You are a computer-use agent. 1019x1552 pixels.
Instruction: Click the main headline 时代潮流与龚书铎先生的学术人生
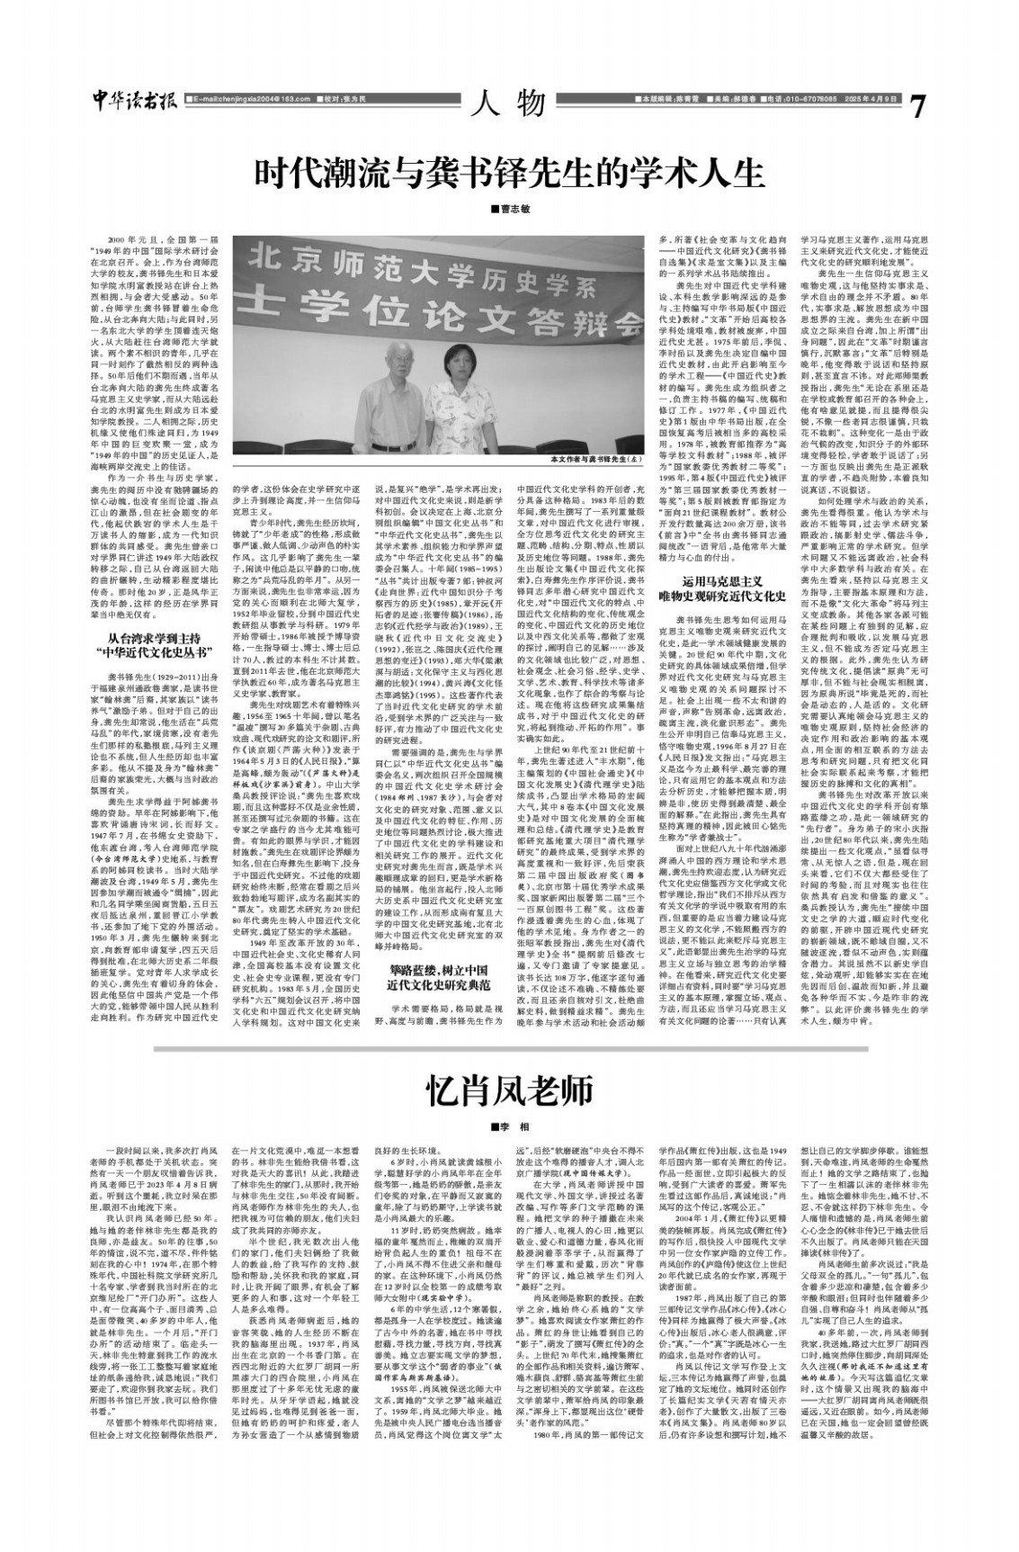[x=508, y=171]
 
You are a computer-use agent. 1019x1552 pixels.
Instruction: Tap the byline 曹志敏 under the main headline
[x=510, y=210]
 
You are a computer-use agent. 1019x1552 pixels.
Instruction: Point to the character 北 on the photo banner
[x=266, y=262]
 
